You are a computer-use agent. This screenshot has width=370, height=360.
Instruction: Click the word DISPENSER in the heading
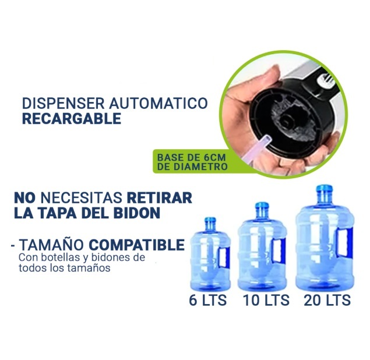[64, 103]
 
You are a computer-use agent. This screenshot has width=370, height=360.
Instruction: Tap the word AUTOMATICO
[158, 103]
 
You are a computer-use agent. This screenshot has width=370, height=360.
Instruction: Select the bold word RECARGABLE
[72, 118]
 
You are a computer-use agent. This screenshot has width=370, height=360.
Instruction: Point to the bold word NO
[24, 197]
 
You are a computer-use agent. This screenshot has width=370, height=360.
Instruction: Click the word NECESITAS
[82, 197]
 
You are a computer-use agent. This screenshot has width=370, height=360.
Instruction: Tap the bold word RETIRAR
[160, 197]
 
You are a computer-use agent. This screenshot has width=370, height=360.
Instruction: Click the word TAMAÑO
[52, 245]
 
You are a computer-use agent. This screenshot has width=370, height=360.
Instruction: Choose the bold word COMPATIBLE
[136, 245]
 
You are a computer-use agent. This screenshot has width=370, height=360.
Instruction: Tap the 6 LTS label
[208, 300]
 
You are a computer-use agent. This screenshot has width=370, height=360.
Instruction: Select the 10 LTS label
[266, 300]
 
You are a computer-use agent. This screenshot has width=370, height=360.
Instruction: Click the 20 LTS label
[327, 300]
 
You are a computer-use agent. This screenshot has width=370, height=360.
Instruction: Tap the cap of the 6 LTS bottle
[210, 220]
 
